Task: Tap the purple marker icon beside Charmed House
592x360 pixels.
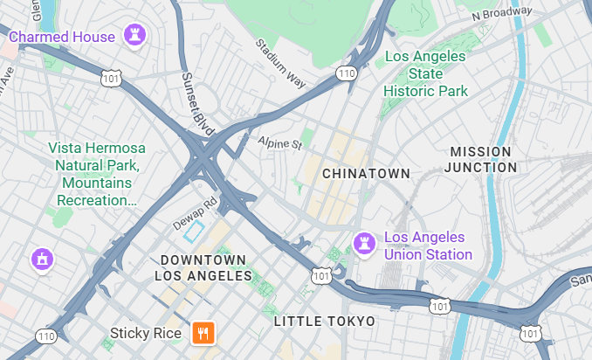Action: click(134, 36)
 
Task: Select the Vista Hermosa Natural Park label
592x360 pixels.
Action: click(97, 174)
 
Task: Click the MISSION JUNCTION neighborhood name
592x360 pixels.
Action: click(482, 159)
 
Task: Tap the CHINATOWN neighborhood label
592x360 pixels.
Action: click(366, 174)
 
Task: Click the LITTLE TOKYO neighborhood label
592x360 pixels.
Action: click(325, 322)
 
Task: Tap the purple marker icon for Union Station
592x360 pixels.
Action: click(362, 241)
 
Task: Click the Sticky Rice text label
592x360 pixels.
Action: click(146, 333)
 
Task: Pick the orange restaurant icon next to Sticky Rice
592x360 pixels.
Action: click(203, 332)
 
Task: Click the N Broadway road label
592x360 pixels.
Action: click(501, 13)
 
